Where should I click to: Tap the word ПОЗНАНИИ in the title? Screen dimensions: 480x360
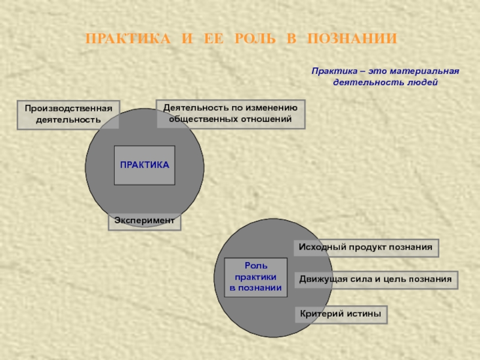352,40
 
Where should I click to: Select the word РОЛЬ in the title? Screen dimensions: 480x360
247,40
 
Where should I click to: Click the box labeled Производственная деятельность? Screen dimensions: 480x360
68,114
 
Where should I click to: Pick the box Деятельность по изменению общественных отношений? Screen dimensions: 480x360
230,114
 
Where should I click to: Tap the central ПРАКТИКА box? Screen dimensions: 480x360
145,164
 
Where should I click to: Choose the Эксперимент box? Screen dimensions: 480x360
145,221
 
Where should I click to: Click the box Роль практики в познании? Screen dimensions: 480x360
256,277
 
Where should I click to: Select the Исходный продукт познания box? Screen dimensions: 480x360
366,247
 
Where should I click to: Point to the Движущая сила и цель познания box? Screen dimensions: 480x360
376,280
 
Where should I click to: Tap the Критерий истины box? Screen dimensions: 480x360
340,314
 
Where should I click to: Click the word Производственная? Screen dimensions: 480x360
68,109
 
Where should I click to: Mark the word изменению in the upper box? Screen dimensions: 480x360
272,108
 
